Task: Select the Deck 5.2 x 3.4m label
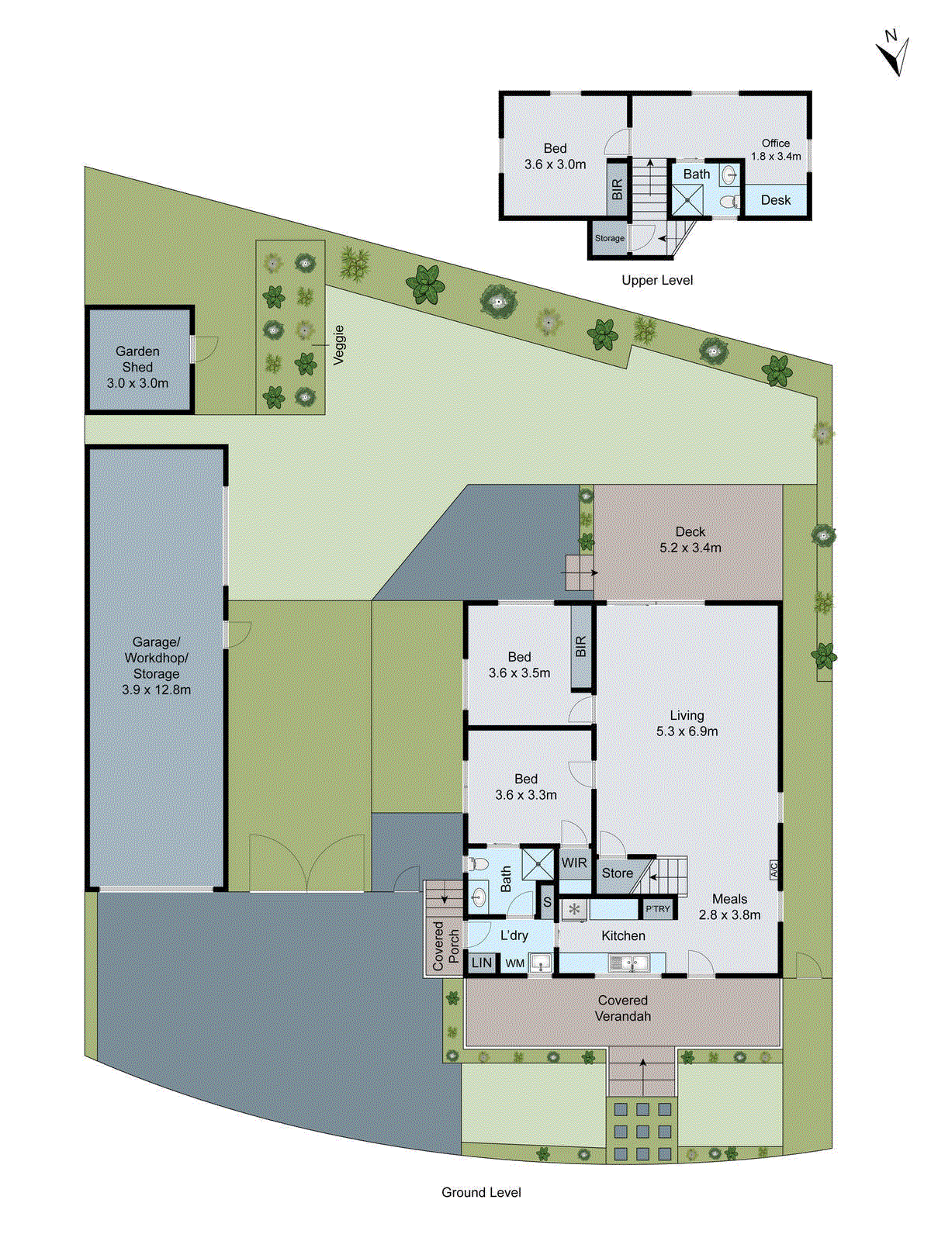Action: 690,540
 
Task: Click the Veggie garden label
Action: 338,345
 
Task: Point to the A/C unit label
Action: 774,870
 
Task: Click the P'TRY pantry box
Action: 657,909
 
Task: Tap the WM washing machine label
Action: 515,963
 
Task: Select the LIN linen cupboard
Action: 482,963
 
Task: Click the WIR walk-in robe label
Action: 574,863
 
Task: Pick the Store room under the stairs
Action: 617,873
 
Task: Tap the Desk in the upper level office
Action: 775,200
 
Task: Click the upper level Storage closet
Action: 610,238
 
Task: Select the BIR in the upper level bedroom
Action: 618,188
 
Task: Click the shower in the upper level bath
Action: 687,199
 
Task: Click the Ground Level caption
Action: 481,1192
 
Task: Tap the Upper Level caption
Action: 657,280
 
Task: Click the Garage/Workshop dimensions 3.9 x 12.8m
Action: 156,690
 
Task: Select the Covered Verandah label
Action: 622,1008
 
